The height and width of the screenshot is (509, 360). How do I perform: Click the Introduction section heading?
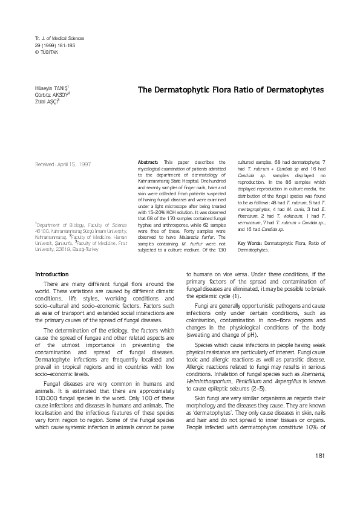53,274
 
